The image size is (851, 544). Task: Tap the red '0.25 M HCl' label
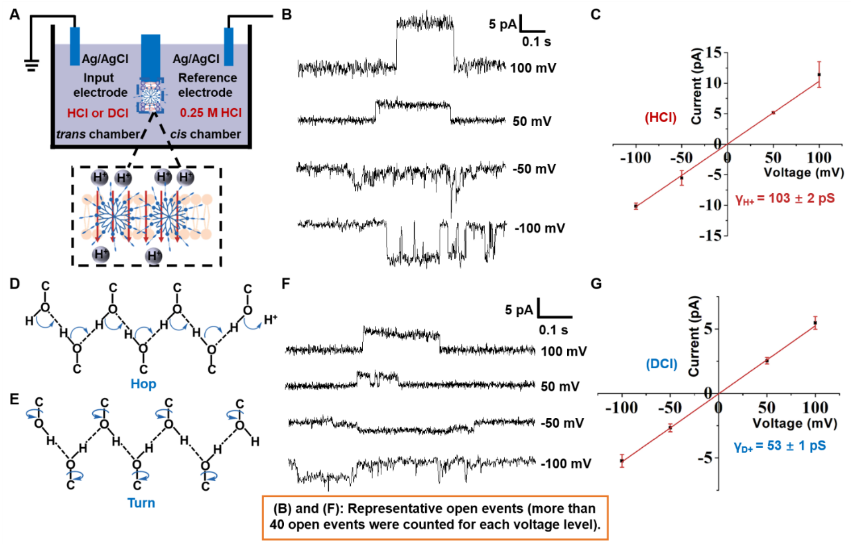[211, 113]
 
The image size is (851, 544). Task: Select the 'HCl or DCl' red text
[98, 113]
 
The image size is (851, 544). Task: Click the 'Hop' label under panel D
[143, 383]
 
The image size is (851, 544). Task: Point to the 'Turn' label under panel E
[141, 503]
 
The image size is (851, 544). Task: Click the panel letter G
[596, 283]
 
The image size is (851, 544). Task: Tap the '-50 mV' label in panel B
[534, 169]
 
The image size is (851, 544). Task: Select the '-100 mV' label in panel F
[566, 464]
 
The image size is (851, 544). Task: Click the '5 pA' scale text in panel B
[503, 25]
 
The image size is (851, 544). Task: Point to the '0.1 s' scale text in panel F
[553, 330]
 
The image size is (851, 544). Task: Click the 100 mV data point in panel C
[819, 74]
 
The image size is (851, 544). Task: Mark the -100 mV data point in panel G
[622, 460]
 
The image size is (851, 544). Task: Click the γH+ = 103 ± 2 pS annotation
[785, 198]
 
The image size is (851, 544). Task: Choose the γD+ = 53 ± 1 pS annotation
[779, 446]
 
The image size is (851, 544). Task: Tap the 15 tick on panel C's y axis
[714, 53]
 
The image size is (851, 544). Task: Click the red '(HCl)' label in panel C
[661, 118]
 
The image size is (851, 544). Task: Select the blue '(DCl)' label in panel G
[662, 364]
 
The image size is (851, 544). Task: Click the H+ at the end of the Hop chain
[271, 320]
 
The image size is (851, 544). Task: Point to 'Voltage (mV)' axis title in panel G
[795, 423]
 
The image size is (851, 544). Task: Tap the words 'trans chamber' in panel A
[98, 134]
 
